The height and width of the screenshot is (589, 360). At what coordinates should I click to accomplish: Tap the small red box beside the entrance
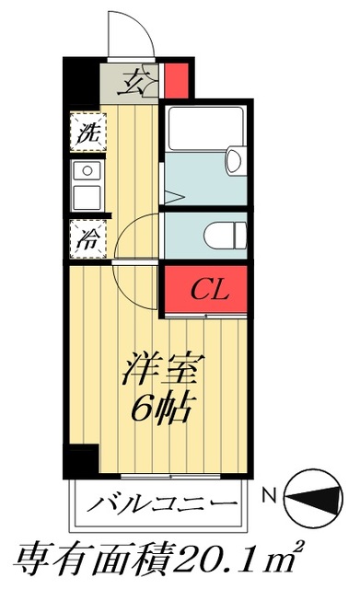click(x=177, y=79)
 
